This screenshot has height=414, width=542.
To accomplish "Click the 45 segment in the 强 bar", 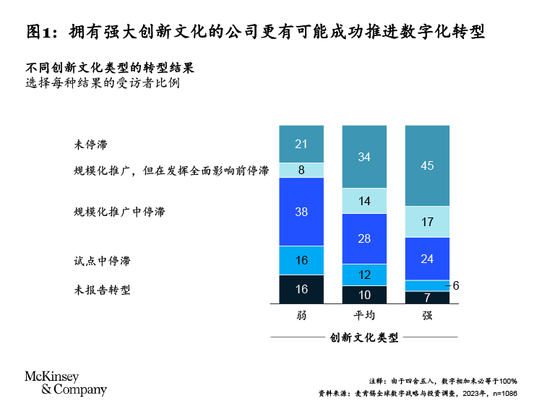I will (427, 165).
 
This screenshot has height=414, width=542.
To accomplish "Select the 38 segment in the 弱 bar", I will (301, 212).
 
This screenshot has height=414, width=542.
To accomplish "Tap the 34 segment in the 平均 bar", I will (364, 157).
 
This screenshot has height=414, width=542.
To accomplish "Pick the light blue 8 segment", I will (301, 171).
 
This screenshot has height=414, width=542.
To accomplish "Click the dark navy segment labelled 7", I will (427, 297).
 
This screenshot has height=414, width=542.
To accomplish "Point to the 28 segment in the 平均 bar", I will (364, 238).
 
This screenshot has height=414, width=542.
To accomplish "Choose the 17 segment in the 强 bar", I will (427, 222).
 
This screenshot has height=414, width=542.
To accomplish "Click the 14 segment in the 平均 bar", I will (364, 201).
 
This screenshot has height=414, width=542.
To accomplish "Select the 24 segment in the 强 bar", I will (427, 259).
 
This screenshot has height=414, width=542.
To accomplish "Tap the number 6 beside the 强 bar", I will (456, 285).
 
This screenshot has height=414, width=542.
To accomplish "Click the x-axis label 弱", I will (301, 316).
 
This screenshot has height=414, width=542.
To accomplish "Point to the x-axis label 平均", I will (364, 316).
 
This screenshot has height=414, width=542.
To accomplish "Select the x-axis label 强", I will (427, 316).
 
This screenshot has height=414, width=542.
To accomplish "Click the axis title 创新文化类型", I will (364, 337).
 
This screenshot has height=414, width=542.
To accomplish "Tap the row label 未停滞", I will (90, 144).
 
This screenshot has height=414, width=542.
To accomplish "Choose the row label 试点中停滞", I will (102, 260).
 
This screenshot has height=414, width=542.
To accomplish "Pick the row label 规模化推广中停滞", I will (119, 212).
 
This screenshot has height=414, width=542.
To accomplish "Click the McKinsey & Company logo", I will (66, 383).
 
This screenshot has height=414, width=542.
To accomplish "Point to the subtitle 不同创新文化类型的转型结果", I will (109, 68).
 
